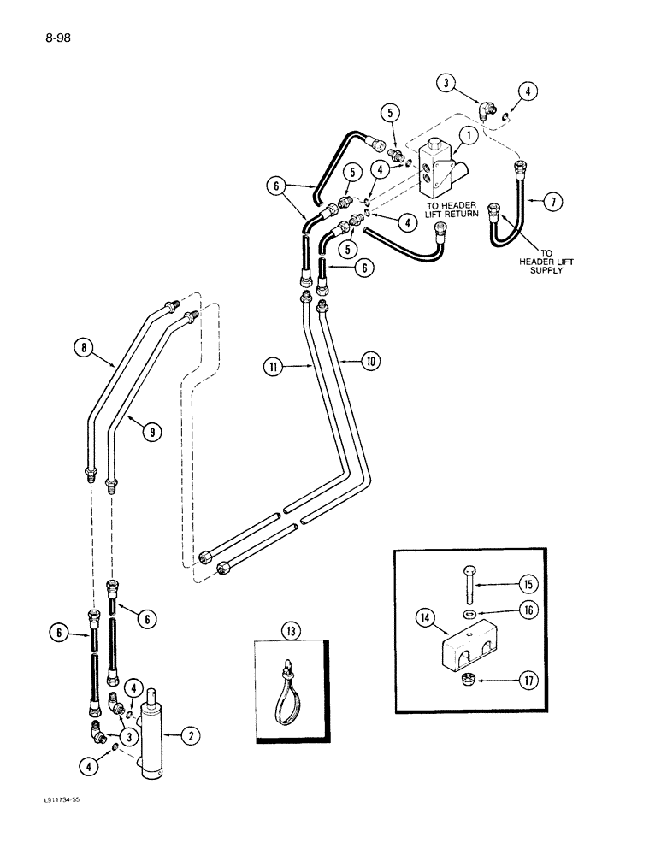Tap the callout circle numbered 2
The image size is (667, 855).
[192, 734]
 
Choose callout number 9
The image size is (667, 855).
[152, 433]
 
